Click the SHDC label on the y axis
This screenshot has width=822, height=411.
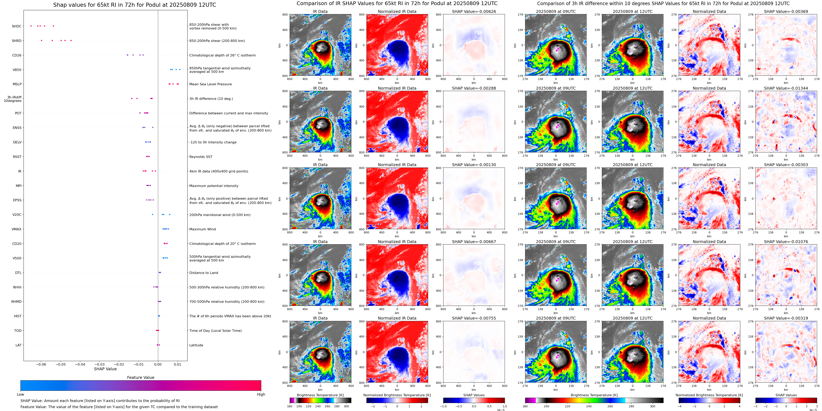17,26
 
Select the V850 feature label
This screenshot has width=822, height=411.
17,70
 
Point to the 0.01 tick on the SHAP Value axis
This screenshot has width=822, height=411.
178,364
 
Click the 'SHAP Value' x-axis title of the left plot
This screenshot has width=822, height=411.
105,369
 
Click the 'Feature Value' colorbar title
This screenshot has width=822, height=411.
140,377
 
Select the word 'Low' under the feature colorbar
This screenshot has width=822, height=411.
20,394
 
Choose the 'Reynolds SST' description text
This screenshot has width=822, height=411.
201,157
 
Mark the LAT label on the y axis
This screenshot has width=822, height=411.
18,345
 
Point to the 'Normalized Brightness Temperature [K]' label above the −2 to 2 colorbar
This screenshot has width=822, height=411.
397,395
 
